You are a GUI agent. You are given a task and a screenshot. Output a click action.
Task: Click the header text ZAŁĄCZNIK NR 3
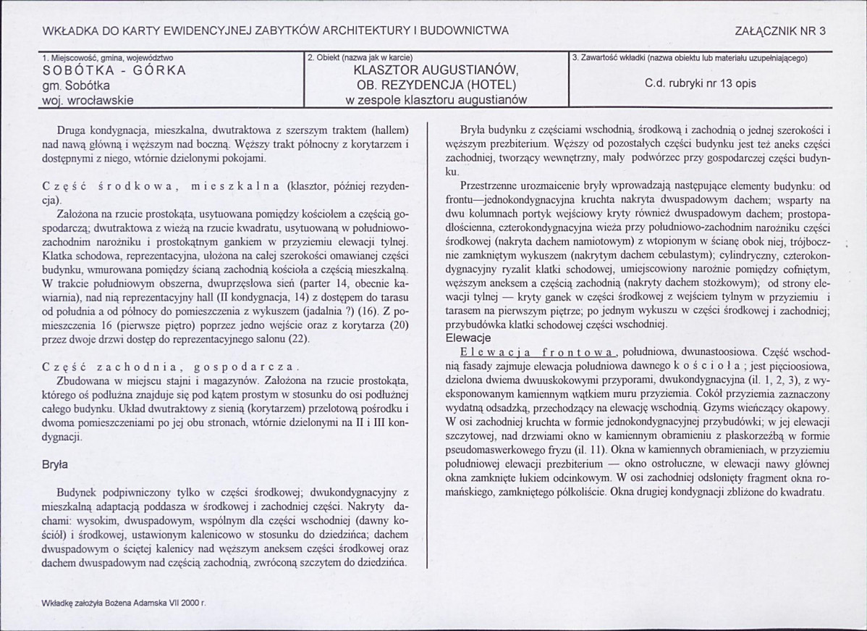779,30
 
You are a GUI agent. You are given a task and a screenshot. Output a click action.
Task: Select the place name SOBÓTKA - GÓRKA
114,70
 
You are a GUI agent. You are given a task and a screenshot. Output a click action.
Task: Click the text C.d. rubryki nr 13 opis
700,83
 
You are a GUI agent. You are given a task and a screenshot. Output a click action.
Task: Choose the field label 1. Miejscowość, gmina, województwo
108,57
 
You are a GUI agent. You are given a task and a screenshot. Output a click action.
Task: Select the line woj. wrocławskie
88,100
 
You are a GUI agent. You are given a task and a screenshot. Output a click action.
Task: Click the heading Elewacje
469,338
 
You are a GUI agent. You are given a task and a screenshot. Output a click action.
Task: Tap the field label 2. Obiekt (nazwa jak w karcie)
360,57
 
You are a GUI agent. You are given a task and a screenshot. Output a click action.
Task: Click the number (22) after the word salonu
297,338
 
